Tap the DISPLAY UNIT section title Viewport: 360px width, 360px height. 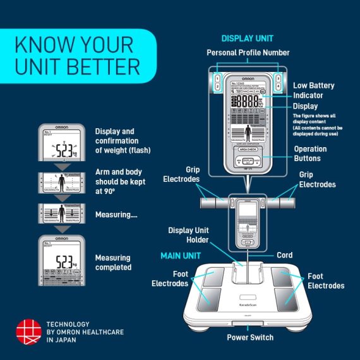(248, 38)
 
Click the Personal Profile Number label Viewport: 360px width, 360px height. (248, 52)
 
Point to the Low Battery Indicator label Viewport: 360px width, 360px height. (313, 90)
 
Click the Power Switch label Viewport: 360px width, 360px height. (250, 337)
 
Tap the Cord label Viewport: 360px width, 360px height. (284, 255)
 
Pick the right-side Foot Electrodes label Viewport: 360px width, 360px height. (325, 281)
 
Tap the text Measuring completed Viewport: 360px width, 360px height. (113, 262)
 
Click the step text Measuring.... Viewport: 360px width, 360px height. (117, 215)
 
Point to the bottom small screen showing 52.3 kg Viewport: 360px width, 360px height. (62, 259)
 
